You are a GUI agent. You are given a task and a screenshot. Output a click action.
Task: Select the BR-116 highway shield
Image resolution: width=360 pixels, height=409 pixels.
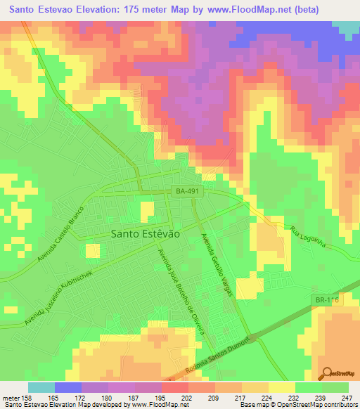point(326,300)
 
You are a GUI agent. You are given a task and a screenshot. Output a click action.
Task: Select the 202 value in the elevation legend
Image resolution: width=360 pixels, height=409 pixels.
point(187,397)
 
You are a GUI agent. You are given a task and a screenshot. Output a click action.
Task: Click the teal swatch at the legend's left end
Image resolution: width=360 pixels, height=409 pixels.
point(41,387)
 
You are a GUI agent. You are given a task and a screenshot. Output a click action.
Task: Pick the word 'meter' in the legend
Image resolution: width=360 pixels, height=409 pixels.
point(10,397)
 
